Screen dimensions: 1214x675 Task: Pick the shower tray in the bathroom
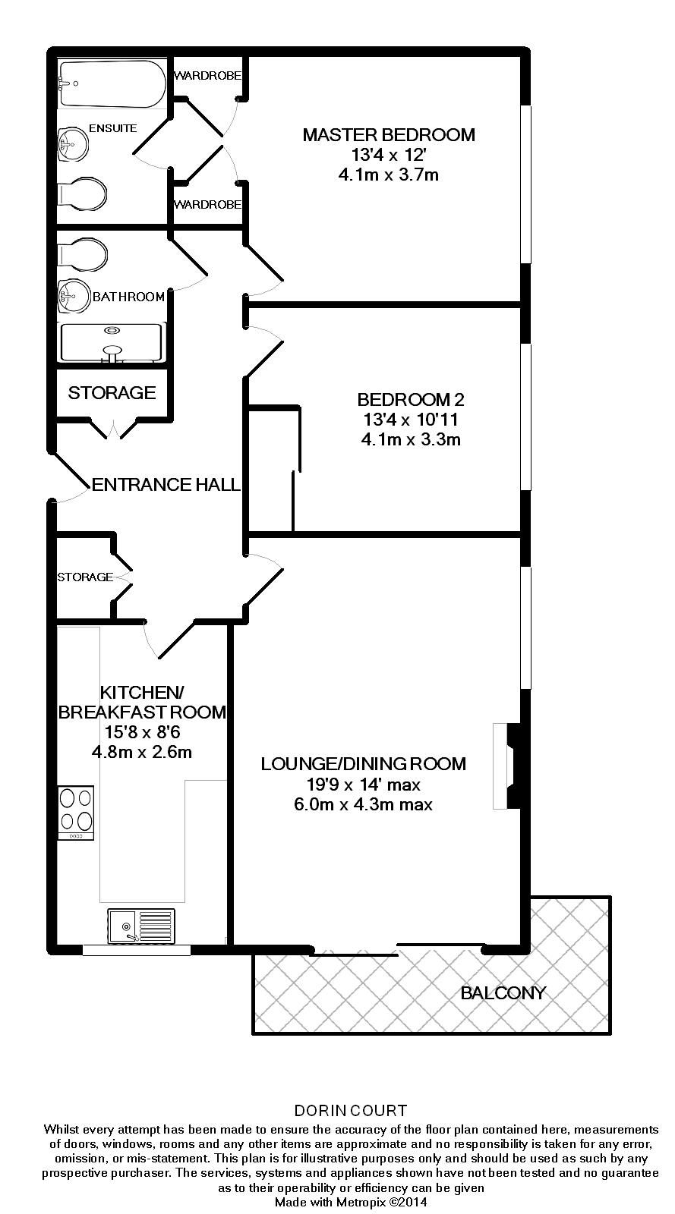112,342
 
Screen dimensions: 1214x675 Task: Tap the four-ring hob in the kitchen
77,813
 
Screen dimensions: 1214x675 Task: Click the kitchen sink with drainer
141,926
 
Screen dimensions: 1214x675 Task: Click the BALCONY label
503,993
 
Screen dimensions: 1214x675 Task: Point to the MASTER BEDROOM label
389,135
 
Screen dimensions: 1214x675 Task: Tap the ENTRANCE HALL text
166,484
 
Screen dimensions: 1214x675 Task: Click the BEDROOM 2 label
411,399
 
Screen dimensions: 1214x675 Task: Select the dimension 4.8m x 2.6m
142,753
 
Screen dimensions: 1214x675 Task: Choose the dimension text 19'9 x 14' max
363,785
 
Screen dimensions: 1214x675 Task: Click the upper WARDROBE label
208,76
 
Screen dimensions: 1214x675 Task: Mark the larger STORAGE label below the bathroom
112,392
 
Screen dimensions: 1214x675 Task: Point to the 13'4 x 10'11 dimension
411,420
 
